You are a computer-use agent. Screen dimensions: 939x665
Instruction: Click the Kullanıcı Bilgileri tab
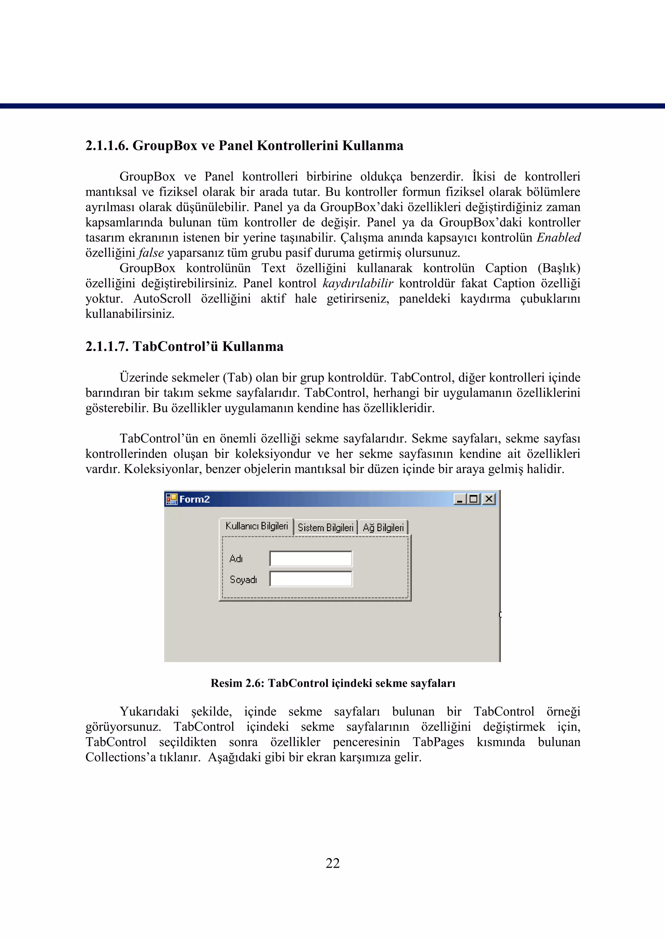257,526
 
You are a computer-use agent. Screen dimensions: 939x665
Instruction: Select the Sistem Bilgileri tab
326,528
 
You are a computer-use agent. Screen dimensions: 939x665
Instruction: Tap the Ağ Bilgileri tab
383,528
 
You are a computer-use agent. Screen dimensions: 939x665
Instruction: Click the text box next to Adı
311,559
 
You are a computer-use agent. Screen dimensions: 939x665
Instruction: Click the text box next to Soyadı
311,579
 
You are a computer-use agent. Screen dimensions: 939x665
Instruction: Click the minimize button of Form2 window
460,499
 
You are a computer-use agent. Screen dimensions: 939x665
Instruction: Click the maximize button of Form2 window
474,499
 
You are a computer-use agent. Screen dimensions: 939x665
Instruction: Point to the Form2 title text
194,499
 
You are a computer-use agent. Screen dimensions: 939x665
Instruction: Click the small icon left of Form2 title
171,499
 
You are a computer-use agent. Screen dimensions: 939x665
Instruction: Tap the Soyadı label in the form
243,580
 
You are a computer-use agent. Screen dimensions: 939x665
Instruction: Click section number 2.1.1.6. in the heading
107,146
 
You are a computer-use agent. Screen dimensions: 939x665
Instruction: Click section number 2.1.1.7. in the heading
107,347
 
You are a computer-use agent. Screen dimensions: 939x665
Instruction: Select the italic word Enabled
558,238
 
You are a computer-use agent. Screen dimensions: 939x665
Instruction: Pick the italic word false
151,253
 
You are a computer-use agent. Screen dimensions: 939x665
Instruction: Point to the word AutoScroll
162,299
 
